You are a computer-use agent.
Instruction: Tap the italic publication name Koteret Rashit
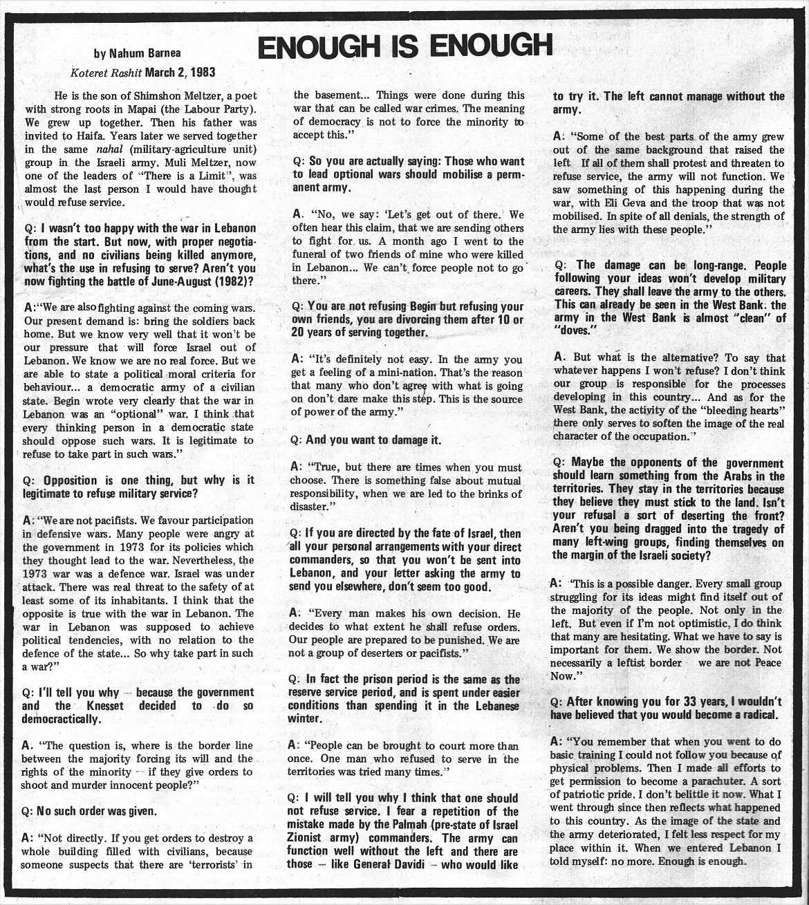[105, 72]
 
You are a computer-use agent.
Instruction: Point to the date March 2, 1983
[180, 72]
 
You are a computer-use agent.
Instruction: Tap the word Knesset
[106, 706]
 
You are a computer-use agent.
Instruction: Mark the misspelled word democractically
[61, 719]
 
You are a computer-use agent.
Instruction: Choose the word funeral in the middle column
[313, 254]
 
